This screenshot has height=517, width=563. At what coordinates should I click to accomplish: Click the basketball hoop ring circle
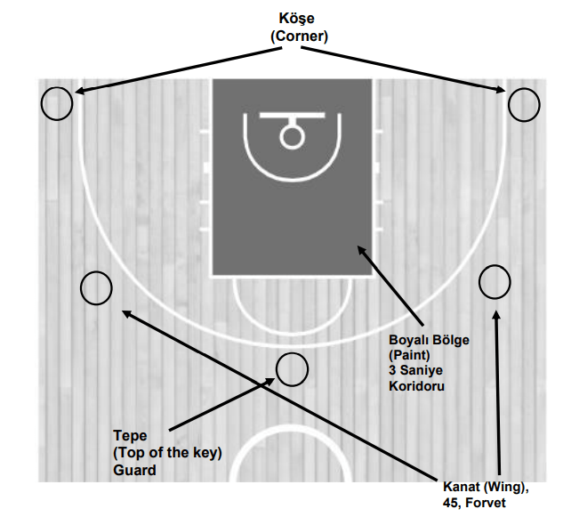tap(291, 136)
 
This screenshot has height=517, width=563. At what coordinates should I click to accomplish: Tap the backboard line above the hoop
tap(291, 117)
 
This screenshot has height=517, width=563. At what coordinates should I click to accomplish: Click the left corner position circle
tap(57, 104)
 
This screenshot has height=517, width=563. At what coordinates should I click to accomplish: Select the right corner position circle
tap(524, 105)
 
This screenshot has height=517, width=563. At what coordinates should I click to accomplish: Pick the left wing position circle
tap(96, 288)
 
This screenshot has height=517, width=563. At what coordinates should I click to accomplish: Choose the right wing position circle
tap(495, 282)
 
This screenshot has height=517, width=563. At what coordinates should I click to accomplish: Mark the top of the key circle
tap(291, 369)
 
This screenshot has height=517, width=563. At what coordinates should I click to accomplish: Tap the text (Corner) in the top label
tap(299, 36)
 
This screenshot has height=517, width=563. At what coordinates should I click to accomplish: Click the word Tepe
tap(131, 436)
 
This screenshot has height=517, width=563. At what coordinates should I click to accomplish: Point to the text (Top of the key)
tap(167, 453)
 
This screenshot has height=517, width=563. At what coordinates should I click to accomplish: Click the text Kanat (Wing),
tap(486, 487)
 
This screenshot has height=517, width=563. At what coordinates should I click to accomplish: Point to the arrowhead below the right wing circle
tap(496, 314)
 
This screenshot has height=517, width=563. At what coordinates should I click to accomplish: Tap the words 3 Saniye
tap(416, 371)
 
